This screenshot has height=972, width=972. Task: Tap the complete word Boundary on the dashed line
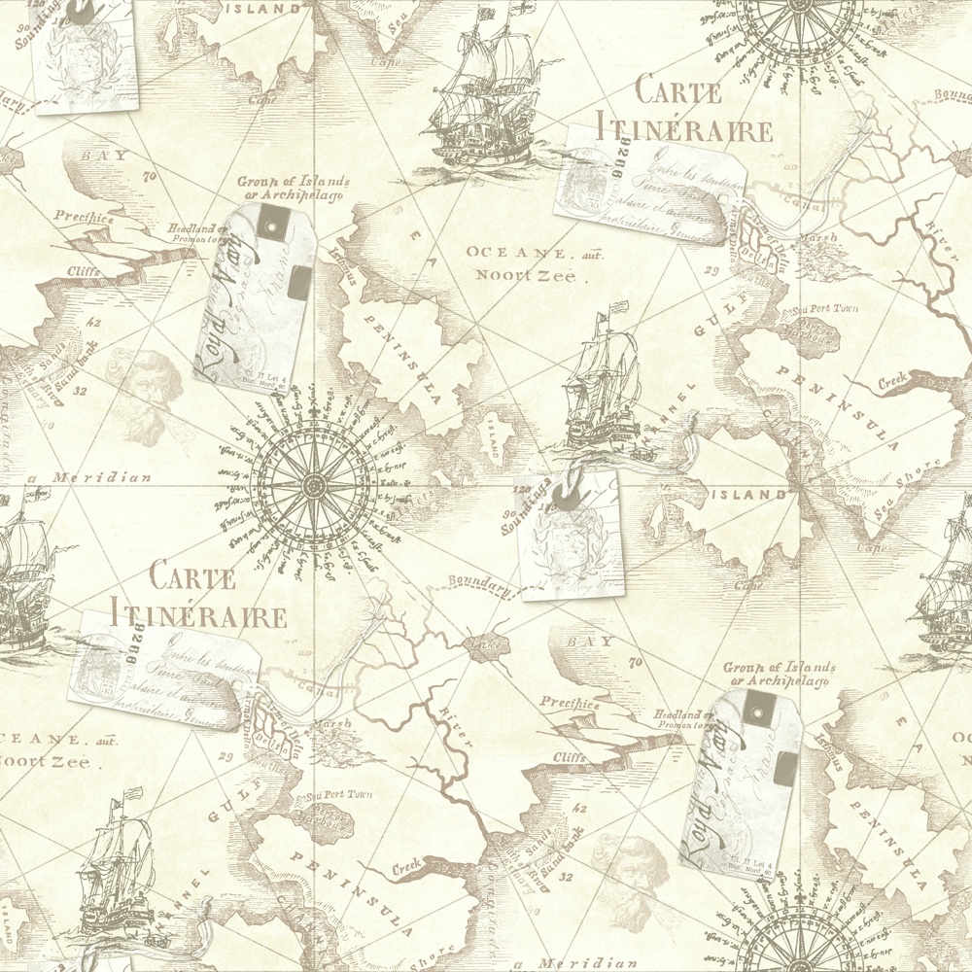480,584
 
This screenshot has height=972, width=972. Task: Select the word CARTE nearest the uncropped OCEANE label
678,91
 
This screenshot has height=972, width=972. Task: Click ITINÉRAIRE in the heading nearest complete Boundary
199,615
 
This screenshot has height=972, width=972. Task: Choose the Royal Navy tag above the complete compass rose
253,296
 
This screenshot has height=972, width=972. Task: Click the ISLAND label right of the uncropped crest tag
752,495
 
